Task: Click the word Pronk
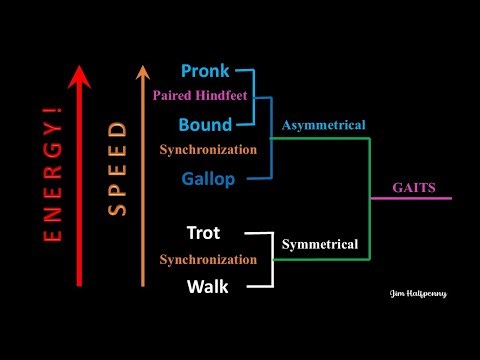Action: [x=205, y=71]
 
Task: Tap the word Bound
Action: [x=205, y=125]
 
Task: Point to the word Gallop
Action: [x=208, y=179]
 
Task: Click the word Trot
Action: [x=203, y=233]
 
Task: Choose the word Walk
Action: [x=207, y=287]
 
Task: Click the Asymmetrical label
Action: [x=323, y=125]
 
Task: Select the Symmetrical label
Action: [x=319, y=243]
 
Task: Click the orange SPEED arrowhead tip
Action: [x=143, y=64]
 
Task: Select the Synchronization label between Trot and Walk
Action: [x=208, y=260]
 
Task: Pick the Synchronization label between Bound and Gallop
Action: [x=208, y=150]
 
